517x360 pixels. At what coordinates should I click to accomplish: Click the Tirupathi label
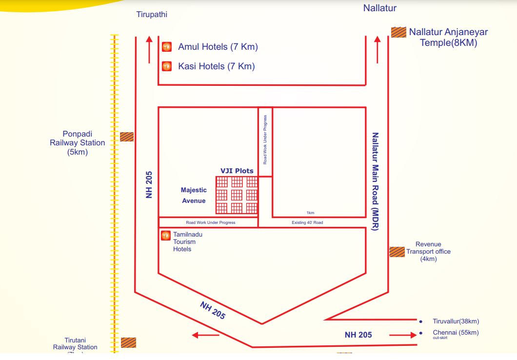152,15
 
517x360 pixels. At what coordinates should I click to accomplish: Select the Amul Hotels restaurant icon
166,47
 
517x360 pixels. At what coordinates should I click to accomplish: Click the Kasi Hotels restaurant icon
166,66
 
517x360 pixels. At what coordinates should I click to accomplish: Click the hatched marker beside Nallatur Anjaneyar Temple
398,32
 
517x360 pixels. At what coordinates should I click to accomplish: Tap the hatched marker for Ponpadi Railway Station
127,137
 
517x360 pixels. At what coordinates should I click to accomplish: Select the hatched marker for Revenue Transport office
398,252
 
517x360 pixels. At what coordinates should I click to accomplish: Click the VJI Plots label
237,171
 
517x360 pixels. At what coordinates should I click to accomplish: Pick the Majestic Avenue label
194,195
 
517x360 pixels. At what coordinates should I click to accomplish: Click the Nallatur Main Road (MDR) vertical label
375,181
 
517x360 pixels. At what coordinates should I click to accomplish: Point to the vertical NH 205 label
149,184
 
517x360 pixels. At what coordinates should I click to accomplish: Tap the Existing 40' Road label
307,222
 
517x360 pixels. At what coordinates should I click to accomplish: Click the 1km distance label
311,213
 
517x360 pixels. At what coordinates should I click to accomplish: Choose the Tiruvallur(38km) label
456,321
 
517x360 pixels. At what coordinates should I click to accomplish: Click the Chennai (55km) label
456,333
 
